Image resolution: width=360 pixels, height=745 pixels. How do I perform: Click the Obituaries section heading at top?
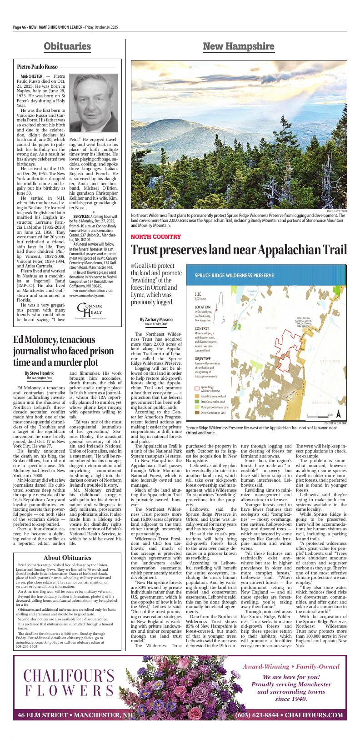[x=67, y=46]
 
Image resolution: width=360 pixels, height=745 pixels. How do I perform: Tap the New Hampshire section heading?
[x=239, y=46]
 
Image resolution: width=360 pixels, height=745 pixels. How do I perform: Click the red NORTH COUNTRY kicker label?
[x=156, y=237]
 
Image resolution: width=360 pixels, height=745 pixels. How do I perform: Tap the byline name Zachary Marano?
[x=156, y=320]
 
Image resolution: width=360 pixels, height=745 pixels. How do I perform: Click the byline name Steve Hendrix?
[x=39, y=373]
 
